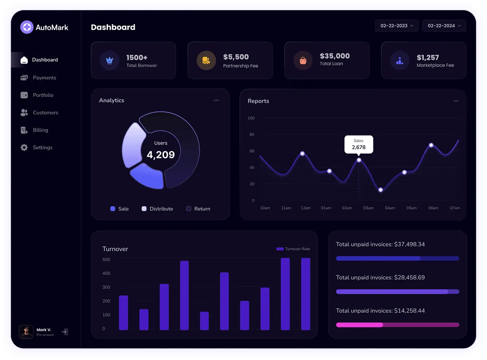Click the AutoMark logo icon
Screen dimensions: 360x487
[27, 27]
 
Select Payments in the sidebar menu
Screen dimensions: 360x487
[44, 78]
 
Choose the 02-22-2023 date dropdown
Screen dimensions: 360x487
[396, 26]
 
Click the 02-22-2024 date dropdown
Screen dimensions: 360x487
[444, 26]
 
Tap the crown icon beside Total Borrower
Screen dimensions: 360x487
[109, 60]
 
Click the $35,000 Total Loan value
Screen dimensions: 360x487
[334, 56]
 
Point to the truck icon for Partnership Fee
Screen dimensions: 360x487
[206, 60]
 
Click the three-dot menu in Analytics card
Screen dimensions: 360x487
[216, 100]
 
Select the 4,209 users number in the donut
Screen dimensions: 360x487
[161, 155]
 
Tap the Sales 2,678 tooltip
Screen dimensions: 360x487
[358, 144]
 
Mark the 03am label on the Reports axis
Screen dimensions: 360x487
[368, 208]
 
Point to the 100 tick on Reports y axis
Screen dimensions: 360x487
[251, 118]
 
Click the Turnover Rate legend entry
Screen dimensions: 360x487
[293, 249]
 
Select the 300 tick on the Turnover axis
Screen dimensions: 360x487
[106, 287]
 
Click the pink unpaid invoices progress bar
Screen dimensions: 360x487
[397, 325]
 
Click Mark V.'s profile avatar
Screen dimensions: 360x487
[26, 332]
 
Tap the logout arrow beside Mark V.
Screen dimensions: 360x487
[64, 332]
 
